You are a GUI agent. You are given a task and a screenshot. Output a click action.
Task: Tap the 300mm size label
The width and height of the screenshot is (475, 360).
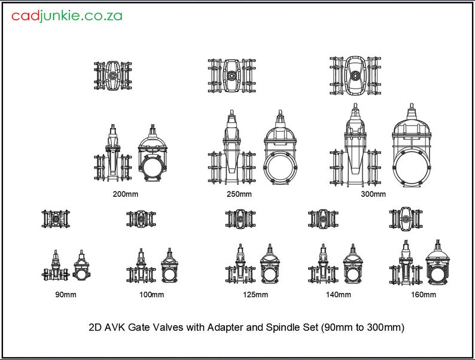[373, 194]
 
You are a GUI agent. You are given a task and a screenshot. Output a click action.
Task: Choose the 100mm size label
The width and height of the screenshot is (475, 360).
[151, 294]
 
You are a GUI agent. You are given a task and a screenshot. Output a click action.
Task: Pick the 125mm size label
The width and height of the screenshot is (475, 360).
[255, 294]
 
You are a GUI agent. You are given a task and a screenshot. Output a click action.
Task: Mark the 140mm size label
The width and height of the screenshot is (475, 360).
[338, 294]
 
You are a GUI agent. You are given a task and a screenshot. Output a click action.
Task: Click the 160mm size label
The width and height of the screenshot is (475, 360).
[423, 294]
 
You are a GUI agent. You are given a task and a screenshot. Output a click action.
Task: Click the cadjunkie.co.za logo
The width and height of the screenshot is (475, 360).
[66, 16]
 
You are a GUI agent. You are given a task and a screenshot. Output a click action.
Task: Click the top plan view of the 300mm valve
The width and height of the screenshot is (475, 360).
[355, 76]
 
